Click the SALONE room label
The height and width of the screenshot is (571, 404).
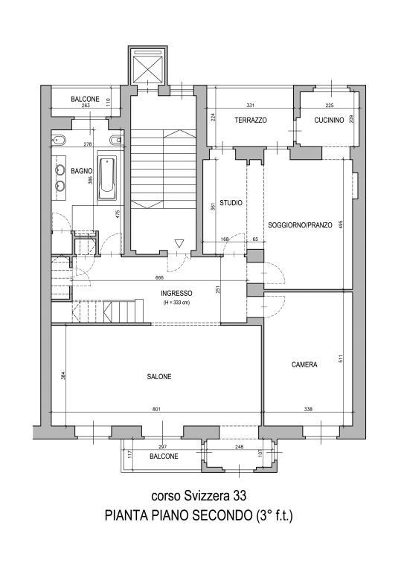159,376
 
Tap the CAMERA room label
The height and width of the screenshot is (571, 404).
304,364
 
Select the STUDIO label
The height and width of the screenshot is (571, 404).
231,203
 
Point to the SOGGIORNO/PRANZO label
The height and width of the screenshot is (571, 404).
300,225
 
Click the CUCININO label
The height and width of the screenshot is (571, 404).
329,120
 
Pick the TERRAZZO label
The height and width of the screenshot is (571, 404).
251,120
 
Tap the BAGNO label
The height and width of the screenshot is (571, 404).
82,171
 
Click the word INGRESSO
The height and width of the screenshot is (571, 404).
176,293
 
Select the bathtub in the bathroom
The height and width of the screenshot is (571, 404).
107,178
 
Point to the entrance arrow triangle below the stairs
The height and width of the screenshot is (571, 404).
179,243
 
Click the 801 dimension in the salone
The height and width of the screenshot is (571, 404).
156,409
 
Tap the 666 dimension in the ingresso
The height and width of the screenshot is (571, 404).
159,277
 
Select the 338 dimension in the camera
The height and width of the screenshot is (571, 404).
308,409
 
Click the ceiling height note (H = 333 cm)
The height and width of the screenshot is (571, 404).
176,303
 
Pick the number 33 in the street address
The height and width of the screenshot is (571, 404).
240,496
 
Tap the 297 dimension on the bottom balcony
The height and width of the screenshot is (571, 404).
163,447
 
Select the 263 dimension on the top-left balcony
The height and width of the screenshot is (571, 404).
86,106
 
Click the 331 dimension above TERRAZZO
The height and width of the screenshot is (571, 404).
250,106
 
